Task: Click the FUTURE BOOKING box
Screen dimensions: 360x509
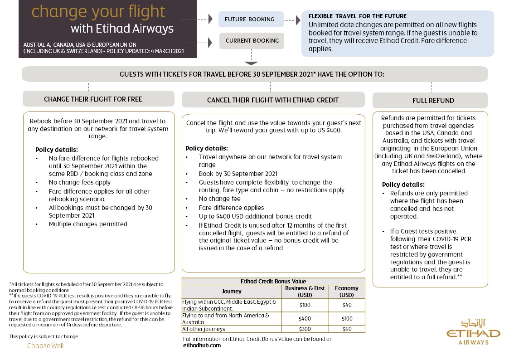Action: [x=250, y=19]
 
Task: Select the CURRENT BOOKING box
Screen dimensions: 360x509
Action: [x=252, y=41]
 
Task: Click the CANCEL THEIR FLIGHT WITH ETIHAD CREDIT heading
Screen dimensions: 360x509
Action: [x=273, y=100]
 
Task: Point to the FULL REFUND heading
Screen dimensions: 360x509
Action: [x=430, y=101]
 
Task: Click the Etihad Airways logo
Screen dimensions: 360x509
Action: [x=473, y=332]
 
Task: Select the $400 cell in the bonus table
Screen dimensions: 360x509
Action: [x=305, y=319]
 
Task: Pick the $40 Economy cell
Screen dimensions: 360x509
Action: [x=347, y=305]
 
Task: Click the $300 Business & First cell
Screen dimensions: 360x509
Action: [x=305, y=329]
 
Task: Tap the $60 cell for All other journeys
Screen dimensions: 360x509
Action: [x=347, y=329]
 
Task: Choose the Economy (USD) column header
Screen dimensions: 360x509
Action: [x=347, y=291]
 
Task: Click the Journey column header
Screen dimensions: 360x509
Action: [x=232, y=291]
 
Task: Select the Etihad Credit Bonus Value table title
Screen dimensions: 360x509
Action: [x=273, y=282]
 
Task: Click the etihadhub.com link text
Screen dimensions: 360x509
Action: [x=202, y=345]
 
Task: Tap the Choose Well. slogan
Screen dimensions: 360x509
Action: [x=46, y=346]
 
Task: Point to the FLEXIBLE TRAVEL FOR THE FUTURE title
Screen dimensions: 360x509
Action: [x=358, y=16]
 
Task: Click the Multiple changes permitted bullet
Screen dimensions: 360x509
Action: [x=88, y=224]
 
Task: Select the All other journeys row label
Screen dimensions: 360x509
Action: [x=204, y=329]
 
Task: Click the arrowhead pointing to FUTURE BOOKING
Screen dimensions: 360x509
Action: [x=210, y=19]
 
